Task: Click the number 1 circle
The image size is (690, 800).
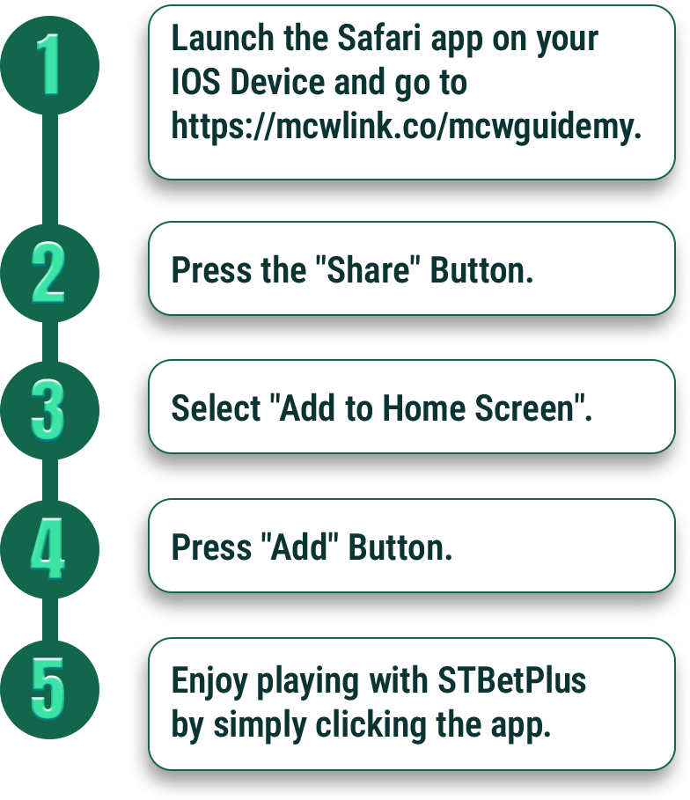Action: [x=49, y=65]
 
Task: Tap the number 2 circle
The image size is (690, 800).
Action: [x=49, y=273]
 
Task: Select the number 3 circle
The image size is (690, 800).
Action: [x=49, y=411]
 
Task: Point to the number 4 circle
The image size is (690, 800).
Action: [x=49, y=549]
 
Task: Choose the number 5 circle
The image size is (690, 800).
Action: [x=49, y=689]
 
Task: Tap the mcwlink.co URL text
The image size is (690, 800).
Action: [x=407, y=127]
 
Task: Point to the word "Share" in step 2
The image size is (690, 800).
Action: [x=367, y=270]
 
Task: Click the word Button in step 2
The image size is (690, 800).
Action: [x=481, y=270]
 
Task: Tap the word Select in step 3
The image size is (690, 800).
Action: [x=216, y=408]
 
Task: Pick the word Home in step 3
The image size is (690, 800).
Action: [x=424, y=408]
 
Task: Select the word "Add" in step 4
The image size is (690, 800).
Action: [x=299, y=547]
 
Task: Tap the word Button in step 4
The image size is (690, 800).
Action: [x=400, y=547]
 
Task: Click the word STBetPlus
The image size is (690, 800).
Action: [x=512, y=680]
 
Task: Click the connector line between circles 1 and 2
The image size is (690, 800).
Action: [x=49, y=169]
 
